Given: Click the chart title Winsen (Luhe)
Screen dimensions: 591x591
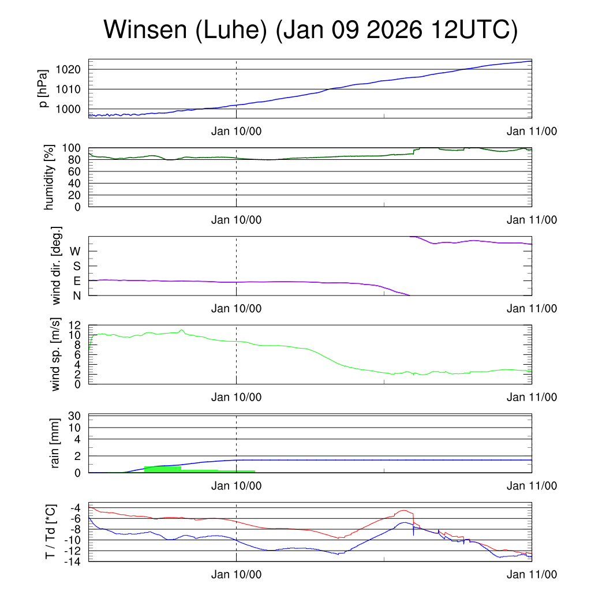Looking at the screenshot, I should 310,30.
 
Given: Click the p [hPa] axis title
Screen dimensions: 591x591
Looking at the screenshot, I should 43,88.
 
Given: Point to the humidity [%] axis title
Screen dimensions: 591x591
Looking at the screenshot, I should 49,177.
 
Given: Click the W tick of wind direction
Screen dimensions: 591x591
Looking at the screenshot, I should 75,251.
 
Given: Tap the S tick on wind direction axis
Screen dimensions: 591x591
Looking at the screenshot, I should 76,266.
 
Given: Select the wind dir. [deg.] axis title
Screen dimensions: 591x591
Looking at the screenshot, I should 57,265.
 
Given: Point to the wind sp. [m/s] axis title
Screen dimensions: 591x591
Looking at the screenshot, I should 55,354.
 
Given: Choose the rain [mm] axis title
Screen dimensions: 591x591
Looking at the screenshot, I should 55,444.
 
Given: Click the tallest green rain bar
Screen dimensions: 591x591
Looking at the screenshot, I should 162,469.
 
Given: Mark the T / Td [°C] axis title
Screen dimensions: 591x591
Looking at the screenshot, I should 51,532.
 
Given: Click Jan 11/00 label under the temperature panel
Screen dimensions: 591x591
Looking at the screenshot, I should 532,574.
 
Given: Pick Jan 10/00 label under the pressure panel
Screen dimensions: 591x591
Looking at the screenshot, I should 236,131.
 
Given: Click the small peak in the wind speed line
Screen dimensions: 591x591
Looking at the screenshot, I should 182,330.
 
